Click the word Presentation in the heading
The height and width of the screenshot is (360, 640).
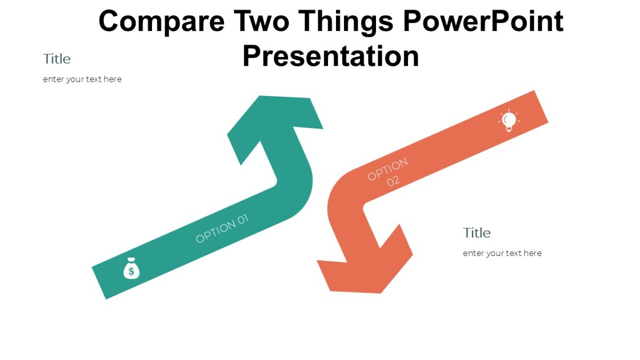[x=331, y=56]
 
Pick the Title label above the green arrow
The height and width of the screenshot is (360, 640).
[x=57, y=59]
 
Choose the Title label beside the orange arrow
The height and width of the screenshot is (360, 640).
[x=477, y=233]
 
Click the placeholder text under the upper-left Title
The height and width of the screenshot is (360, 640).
[x=82, y=79]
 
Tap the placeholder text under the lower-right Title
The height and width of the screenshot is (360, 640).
[x=502, y=253]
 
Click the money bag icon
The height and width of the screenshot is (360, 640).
[x=131, y=269]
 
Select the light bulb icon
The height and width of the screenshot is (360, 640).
[x=509, y=121]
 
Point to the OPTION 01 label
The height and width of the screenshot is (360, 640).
[x=222, y=228]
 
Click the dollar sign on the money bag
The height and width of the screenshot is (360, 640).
[x=131, y=271]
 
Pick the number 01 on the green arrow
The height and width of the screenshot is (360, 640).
[x=241, y=220]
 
